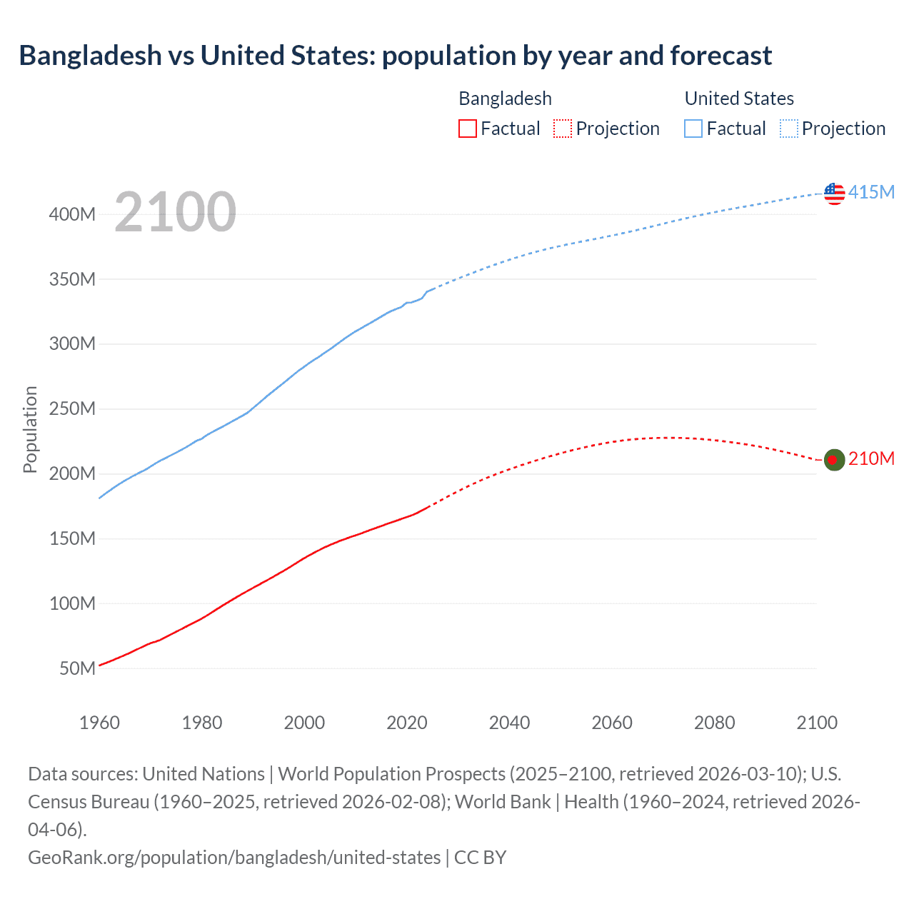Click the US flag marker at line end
point(834,193)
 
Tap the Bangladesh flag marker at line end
point(834,460)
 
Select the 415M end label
point(871,192)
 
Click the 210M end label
point(871,458)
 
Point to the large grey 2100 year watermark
point(175,212)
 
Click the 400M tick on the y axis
point(72,214)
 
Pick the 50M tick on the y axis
point(77,668)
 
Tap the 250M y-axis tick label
point(72,409)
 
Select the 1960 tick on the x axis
point(99,723)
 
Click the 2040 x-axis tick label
point(509,723)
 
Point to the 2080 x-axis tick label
point(714,723)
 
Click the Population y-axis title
point(30,429)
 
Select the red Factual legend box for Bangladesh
point(467,129)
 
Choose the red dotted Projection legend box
point(563,129)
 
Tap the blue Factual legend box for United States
point(693,129)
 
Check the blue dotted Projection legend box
point(788,129)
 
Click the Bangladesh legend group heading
point(505,99)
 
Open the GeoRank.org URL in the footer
point(234,858)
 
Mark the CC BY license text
point(480,858)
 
